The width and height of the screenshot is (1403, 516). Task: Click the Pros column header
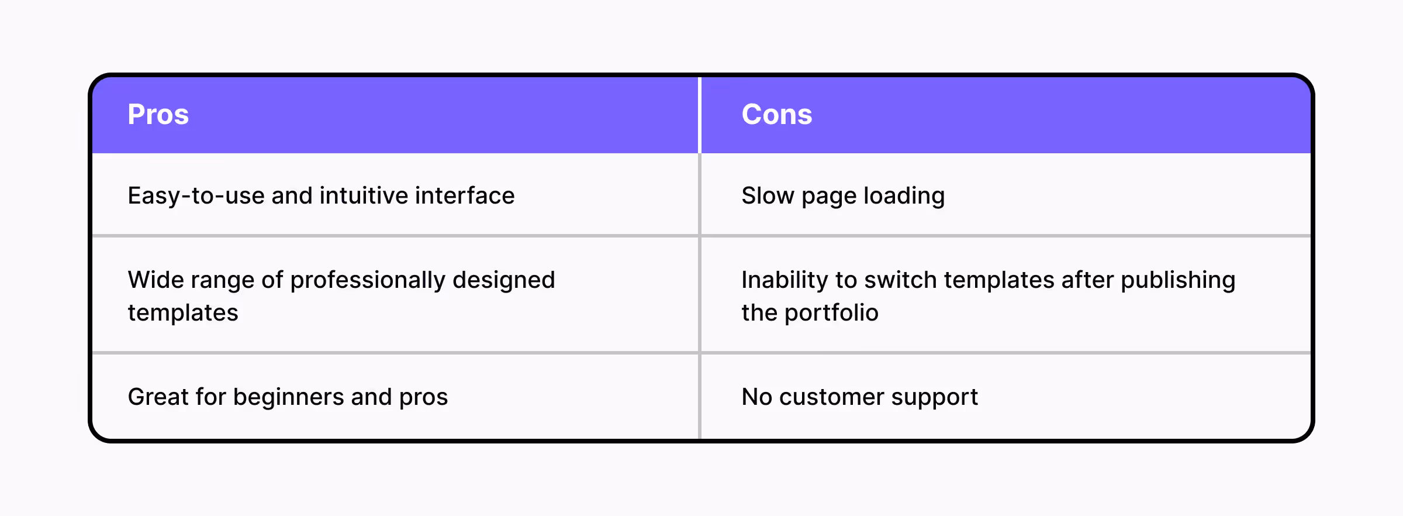tap(158, 114)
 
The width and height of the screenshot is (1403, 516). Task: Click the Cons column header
tap(776, 114)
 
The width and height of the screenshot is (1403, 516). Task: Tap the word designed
tap(503, 280)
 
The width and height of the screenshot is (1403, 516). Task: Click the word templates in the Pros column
tap(183, 313)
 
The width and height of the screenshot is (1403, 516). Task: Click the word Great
tap(158, 397)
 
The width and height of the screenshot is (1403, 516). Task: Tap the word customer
tap(831, 397)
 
